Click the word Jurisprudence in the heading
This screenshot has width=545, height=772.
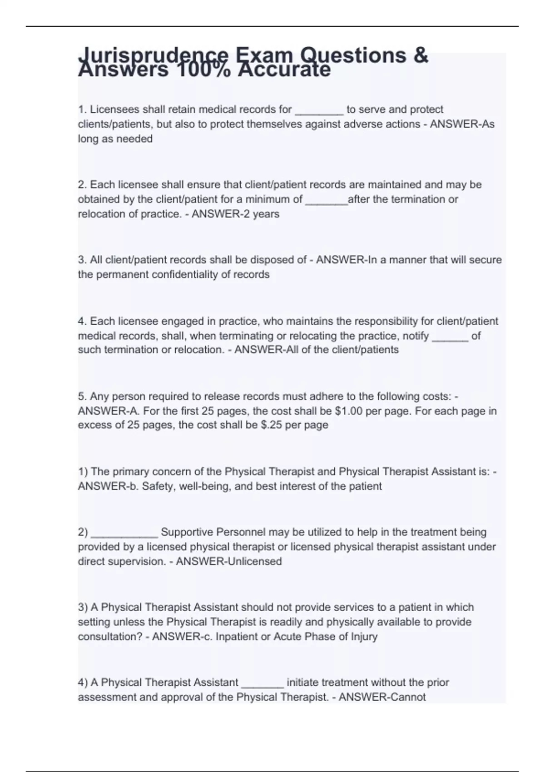(153, 56)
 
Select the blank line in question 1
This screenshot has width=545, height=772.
(319, 110)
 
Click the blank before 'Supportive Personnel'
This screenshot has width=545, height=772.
(124, 533)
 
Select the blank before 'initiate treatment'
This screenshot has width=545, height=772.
(263, 683)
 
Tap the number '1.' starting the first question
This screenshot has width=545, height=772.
(82, 110)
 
